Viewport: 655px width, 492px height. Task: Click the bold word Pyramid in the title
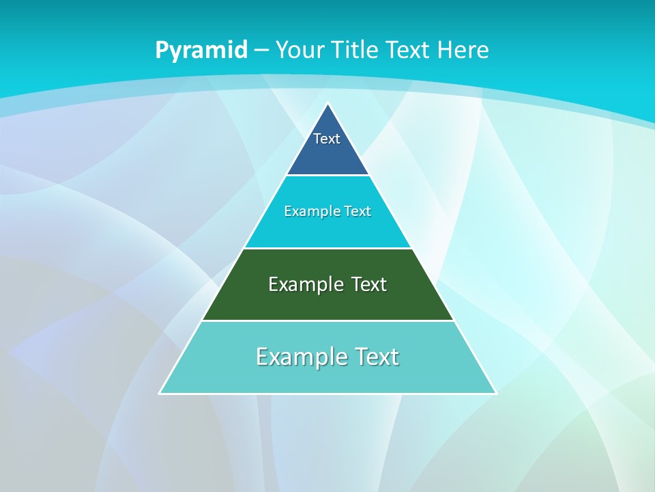(x=201, y=50)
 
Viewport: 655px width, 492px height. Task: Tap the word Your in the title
(x=300, y=50)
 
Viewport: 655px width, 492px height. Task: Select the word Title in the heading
(x=354, y=50)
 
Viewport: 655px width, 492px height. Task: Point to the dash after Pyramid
(x=261, y=51)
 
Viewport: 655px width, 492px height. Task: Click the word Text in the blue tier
(x=327, y=139)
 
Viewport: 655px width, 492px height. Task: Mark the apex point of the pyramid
(x=327, y=104)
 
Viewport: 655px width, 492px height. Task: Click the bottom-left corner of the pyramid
(x=160, y=393)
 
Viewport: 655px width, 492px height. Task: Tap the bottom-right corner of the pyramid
(x=495, y=393)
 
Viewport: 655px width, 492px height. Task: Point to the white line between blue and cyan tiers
(x=327, y=175)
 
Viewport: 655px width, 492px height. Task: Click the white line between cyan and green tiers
(x=327, y=248)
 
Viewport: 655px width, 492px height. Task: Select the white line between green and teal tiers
(x=327, y=320)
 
